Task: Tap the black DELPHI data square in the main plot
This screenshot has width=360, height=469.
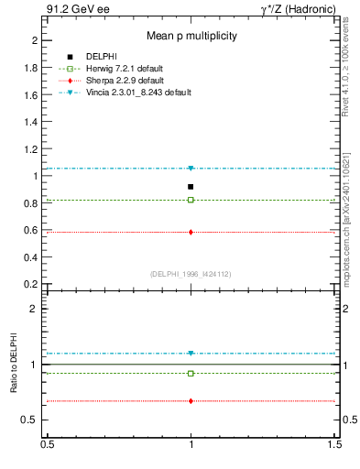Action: tap(191, 187)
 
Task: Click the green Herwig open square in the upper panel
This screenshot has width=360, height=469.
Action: tap(191, 200)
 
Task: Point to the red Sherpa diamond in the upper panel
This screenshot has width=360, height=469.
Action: tap(191, 232)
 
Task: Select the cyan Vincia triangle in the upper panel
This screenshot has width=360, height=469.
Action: tap(191, 169)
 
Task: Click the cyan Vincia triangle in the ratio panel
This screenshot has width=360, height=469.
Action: tap(191, 354)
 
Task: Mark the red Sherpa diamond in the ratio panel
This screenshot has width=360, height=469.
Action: tap(191, 401)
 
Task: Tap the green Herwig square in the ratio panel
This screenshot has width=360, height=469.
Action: tap(191, 373)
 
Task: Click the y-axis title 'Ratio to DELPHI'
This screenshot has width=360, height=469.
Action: tap(14, 364)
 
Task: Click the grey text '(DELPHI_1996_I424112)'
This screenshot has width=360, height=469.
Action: tap(191, 273)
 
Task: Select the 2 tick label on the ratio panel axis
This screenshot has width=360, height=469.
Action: tap(34, 310)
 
